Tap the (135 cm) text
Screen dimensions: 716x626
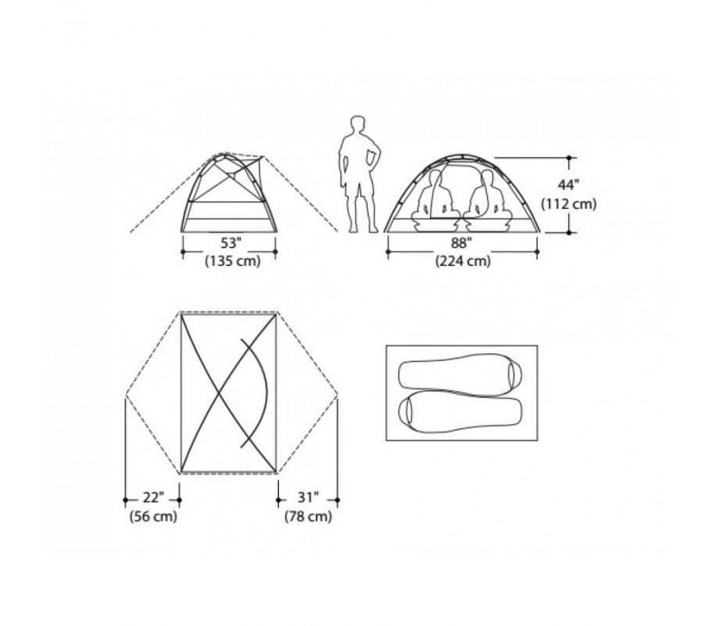[x=233, y=261]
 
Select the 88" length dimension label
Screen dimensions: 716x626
[x=462, y=243]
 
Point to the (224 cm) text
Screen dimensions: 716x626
[x=463, y=261]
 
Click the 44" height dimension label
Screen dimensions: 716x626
[x=568, y=185]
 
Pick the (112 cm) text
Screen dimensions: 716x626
[x=569, y=204]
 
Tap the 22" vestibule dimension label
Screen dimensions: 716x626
[x=152, y=497]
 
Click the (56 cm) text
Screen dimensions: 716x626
[x=153, y=517]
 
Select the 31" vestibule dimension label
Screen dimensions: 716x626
[x=308, y=497]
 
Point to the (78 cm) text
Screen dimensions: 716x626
[x=308, y=517]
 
